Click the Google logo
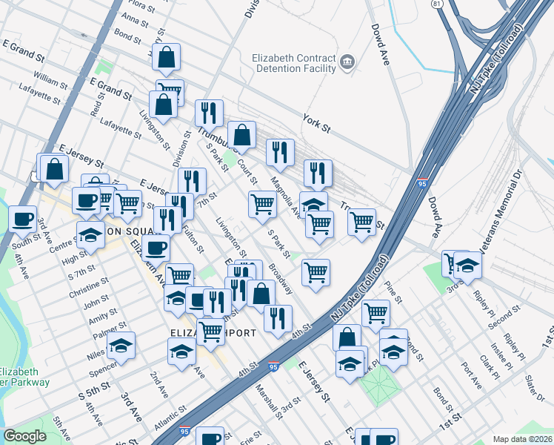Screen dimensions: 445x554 [x=24, y=436]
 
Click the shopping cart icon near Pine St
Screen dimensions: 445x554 [x=376, y=312]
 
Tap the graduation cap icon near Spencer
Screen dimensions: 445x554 [x=121, y=345]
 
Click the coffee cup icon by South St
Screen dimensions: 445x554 [x=23, y=218]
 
